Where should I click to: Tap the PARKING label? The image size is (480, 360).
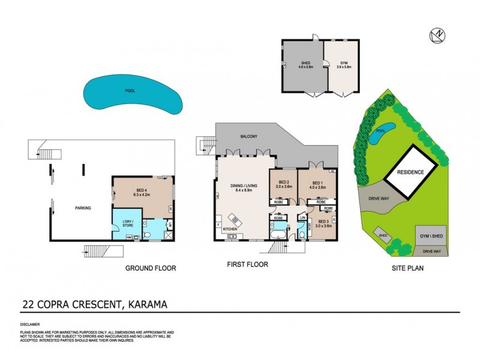point(82,208)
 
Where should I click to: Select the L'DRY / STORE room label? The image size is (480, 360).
point(127,224)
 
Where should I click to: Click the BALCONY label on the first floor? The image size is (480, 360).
point(248,137)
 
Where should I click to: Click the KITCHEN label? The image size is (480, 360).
point(230,229)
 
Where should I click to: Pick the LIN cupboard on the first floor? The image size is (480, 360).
point(302,217)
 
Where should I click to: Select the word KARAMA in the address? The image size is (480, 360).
point(145,304)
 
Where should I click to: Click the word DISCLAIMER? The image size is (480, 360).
point(32,325)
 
